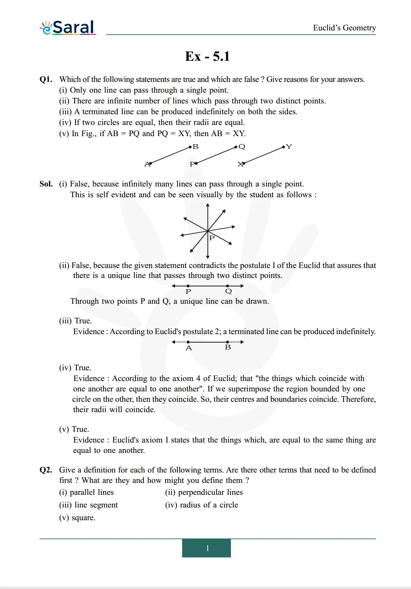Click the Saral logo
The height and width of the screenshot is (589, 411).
tap(68, 28)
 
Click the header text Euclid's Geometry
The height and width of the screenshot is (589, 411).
tap(344, 28)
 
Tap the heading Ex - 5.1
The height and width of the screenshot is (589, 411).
tap(207, 57)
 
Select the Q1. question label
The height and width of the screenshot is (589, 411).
tap(46, 79)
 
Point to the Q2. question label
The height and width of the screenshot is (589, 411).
tap(46, 470)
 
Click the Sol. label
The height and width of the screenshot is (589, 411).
tap(46, 184)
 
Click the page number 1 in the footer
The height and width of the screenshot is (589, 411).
tap(207, 548)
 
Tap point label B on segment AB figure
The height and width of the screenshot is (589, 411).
tap(195, 146)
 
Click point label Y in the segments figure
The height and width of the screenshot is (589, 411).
tap(289, 146)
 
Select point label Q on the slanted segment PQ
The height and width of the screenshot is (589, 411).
tap(242, 146)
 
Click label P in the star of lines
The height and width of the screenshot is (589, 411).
tap(212, 238)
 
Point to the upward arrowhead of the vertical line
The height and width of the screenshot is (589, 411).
tap(208, 206)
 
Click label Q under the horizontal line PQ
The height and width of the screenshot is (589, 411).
tap(229, 291)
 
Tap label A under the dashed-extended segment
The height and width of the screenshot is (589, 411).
tap(189, 348)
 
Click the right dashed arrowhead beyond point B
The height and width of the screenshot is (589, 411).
tap(242, 342)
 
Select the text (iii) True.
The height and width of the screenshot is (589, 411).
tap(75, 321)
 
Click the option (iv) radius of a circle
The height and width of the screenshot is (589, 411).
tap(201, 505)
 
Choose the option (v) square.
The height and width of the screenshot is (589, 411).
tap(77, 517)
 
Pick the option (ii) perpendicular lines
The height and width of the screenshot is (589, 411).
tap(204, 492)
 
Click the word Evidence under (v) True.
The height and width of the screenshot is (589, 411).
tap(89, 440)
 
